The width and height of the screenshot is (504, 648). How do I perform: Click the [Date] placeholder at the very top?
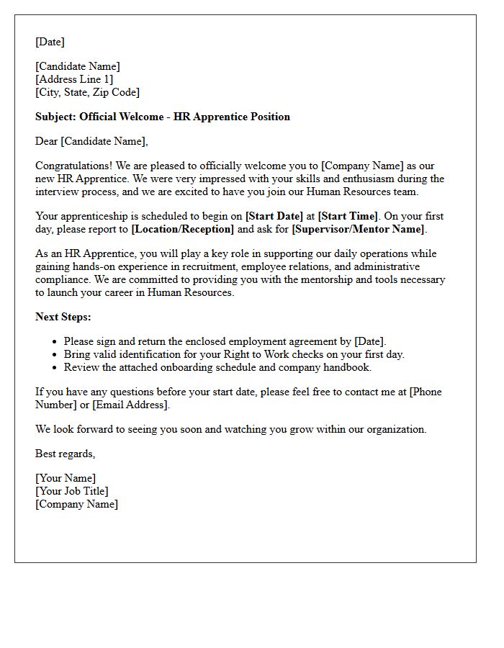tap(50, 42)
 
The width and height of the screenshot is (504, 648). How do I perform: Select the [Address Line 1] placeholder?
tap(74, 79)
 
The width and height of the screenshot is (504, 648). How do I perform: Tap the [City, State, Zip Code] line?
tap(87, 92)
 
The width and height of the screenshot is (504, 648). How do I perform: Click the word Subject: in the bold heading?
tap(55, 117)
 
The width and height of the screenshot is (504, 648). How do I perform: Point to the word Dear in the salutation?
tap(46, 141)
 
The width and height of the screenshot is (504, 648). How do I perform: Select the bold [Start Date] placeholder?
tap(274, 216)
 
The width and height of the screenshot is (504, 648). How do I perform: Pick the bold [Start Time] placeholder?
tap(348, 216)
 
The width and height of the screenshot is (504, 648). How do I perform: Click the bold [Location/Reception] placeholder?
tap(183, 229)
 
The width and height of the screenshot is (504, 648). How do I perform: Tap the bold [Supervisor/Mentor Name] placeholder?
tap(359, 229)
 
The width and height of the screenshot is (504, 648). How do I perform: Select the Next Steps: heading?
tap(63, 317)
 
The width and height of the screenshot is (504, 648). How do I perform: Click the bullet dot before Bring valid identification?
tap(55, 355)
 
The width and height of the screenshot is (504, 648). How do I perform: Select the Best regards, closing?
tap(66, 454)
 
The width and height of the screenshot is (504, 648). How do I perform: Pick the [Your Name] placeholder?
tap(66, 478)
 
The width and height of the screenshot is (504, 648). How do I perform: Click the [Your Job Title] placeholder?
tap(72, 491)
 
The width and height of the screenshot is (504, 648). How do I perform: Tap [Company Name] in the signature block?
tap(77, 504)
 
